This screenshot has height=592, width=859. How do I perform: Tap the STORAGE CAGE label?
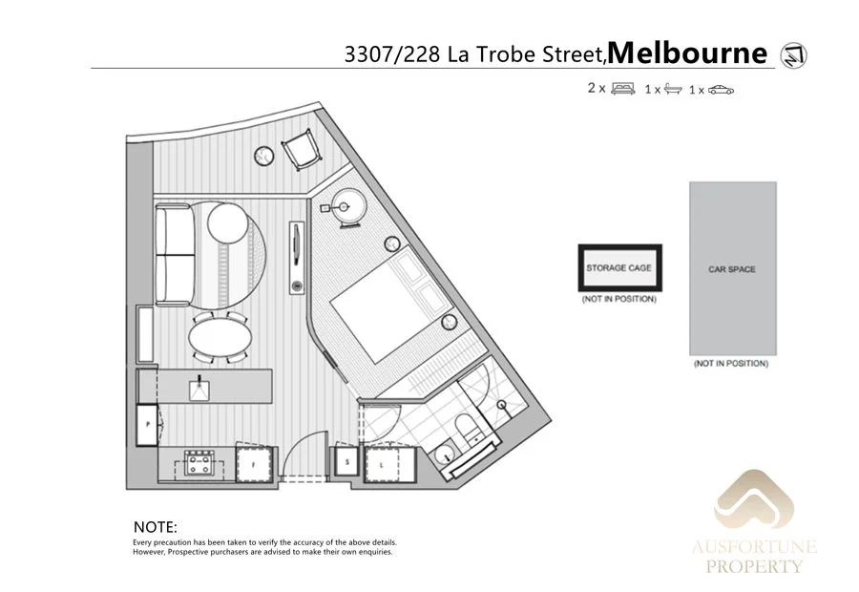[618, 268]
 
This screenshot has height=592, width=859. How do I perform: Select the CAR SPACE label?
[732, 270]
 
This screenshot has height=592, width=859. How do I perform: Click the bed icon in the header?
[622, 89]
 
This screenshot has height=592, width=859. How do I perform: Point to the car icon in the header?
[721, 90]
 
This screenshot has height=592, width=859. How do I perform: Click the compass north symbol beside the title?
[793, 55]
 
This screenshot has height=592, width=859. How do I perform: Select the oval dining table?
[220, 337]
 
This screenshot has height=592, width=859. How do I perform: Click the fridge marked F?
[255, 466]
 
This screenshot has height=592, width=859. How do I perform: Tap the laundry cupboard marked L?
[386, 466]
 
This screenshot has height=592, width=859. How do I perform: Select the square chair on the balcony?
[299, 149]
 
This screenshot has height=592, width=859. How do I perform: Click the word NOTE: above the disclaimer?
[156, 527]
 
